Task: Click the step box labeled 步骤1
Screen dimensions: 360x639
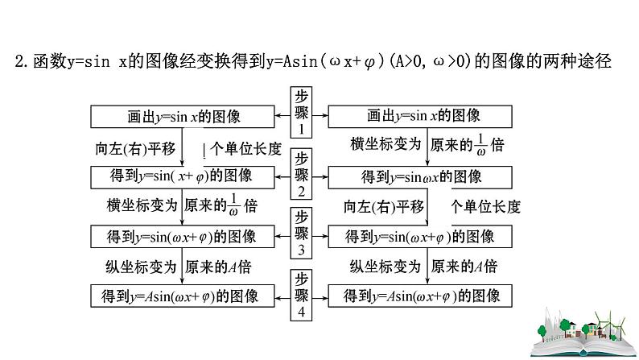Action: [300, 114]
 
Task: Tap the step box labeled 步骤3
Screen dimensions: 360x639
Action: [300, 234]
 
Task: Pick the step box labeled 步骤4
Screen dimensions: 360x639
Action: [300, 295]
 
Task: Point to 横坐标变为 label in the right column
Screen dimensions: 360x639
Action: [385, 145]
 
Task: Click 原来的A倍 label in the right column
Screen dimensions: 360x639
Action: [464, 267]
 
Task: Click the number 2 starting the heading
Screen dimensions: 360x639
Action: [20, 60]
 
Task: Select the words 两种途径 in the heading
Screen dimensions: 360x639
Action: [583, 60]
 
